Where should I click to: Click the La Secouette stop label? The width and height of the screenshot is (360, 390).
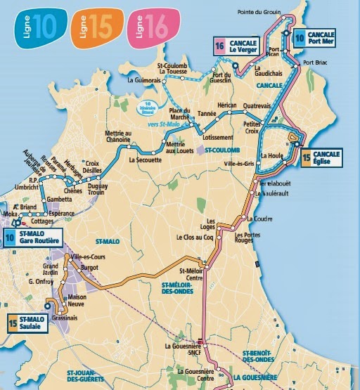click(146, 160)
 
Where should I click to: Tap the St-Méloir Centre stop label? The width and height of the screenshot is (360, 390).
click(192, 275)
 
